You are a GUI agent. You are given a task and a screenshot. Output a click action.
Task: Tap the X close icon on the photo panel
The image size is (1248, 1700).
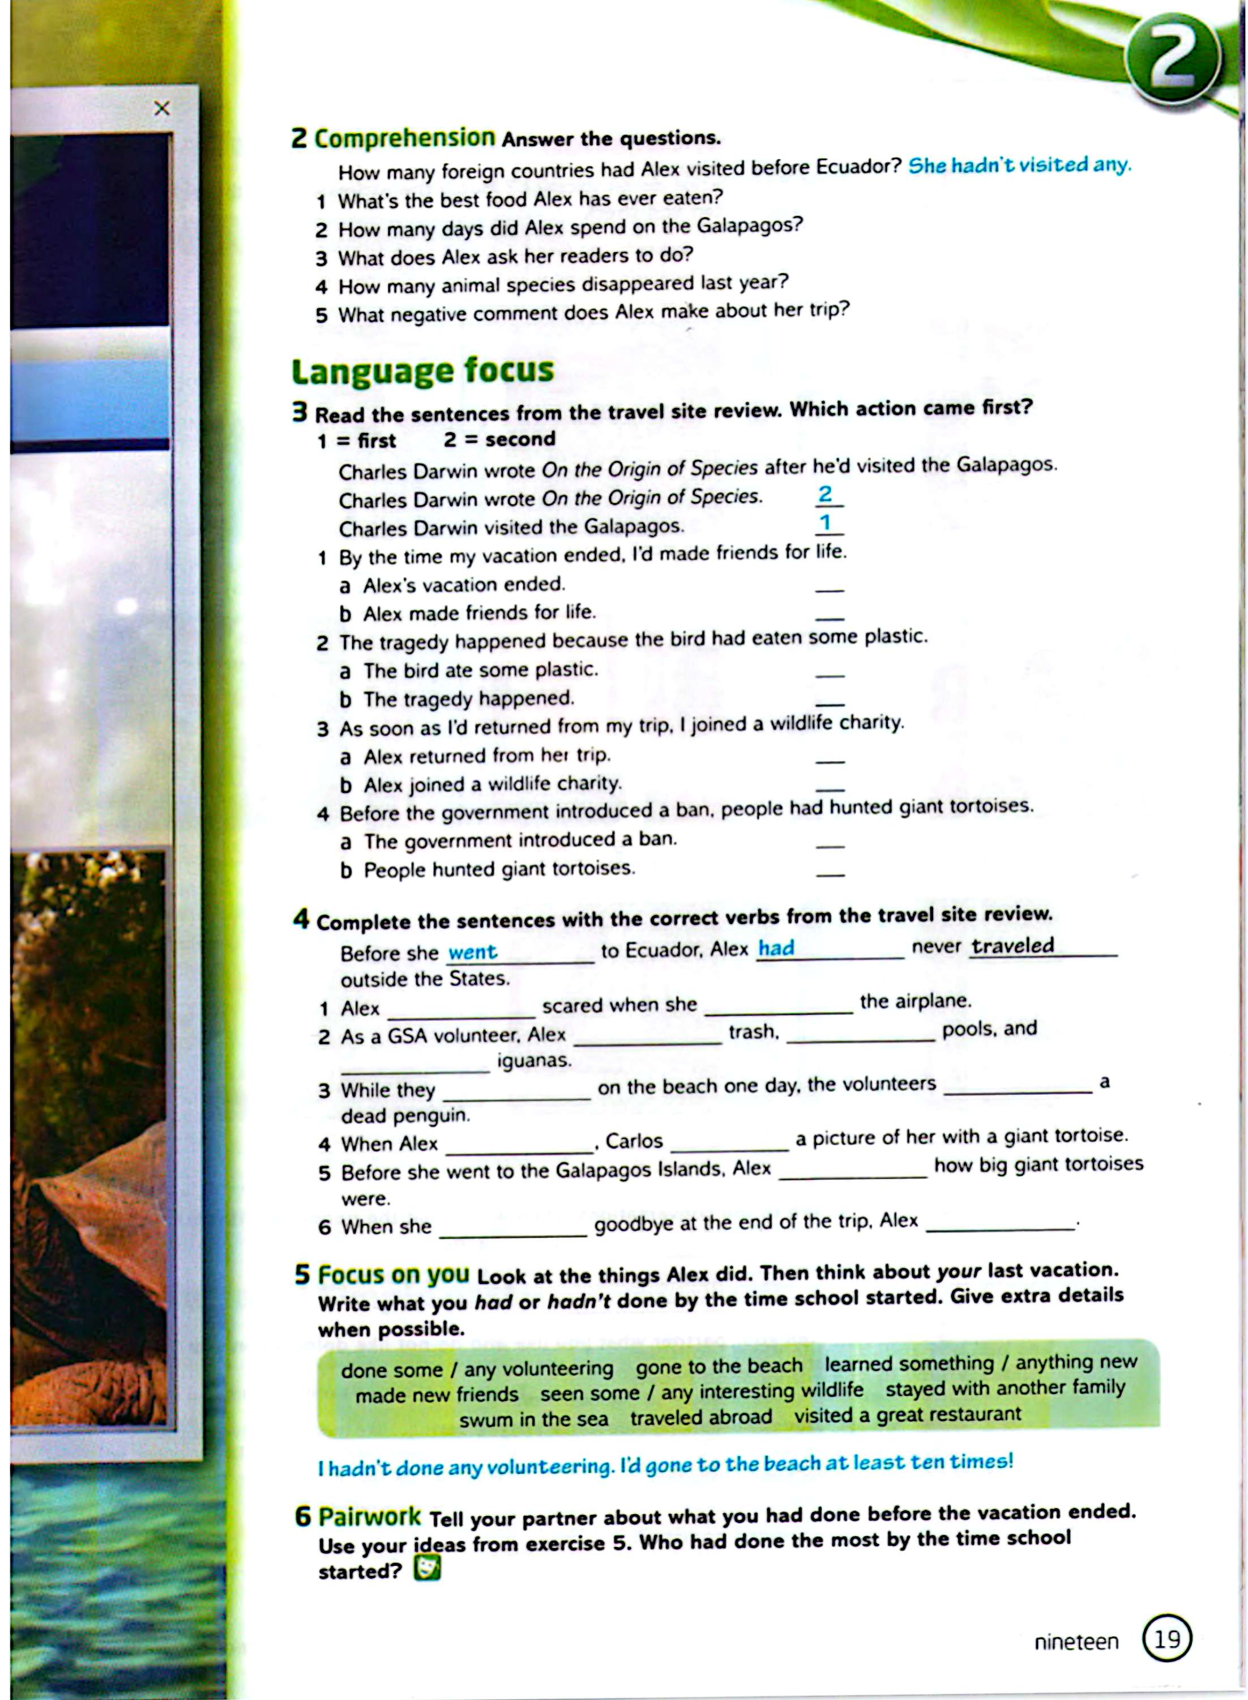pos(161,109)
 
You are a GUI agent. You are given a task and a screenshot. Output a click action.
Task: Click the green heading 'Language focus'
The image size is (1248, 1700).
pos(422,371)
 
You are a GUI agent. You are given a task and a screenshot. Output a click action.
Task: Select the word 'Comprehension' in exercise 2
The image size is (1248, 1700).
pos(404,138)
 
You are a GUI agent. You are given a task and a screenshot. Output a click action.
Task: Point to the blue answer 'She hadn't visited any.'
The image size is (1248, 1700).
pos(1019,165)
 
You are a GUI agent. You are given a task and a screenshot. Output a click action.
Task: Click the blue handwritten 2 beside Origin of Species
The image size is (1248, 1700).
pos(826,494)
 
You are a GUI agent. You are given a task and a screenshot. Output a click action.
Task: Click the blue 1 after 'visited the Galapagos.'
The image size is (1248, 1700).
pos(826,522)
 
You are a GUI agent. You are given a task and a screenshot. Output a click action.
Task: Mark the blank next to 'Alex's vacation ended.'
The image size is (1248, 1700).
pos(830,587)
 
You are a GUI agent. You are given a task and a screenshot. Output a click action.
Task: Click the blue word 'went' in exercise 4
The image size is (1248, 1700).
pos(472,951)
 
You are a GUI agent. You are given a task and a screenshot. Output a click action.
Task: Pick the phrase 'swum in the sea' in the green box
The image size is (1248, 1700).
pos(533,1419)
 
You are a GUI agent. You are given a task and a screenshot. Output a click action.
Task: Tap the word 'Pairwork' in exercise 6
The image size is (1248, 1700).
pos(369,1516)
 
